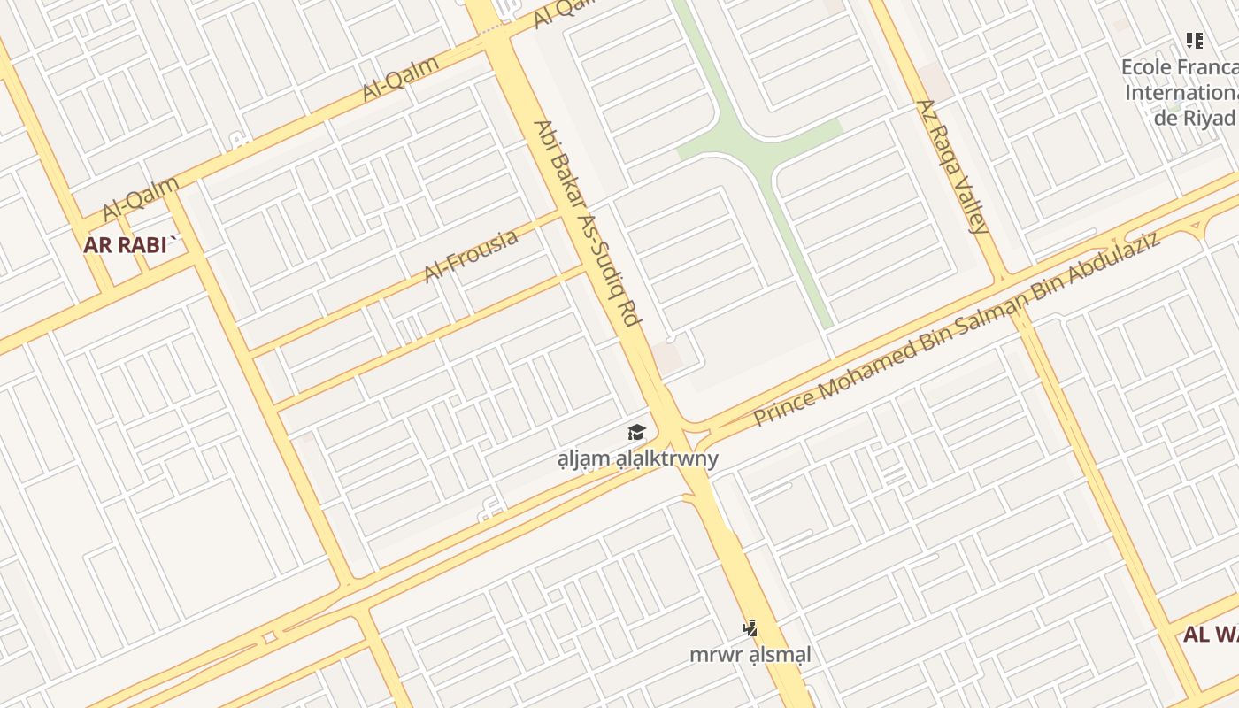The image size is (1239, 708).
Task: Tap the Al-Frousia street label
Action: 471,257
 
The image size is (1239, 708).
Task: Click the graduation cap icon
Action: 636,433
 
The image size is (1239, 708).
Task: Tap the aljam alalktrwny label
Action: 637,458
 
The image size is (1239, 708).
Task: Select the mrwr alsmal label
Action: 750,655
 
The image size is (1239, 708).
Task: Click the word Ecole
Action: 1145,67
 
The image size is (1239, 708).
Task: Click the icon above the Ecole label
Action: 1195,41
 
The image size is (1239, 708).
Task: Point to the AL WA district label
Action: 1211,635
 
